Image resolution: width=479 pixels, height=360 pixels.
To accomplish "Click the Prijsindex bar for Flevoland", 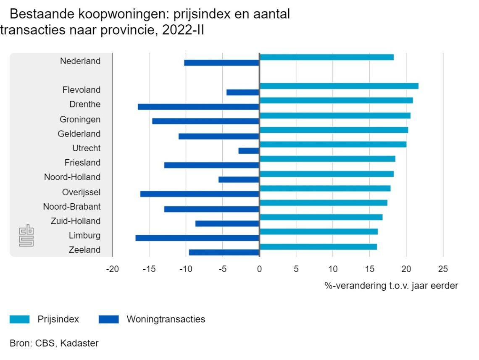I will click(x=339, y=86).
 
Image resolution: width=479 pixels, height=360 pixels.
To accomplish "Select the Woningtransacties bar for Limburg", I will click(x=197, y=238).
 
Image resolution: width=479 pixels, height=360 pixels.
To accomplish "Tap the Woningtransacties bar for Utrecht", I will click(x=249, y=151).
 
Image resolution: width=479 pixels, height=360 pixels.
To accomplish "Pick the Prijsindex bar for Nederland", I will click(x=326, y=57).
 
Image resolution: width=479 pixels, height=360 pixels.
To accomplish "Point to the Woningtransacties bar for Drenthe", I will click(x=198, y=107).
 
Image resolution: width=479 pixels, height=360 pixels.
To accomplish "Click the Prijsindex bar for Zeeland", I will click(x=318, y=247).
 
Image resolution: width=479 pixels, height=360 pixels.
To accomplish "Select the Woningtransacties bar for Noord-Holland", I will click(x=239, y=179).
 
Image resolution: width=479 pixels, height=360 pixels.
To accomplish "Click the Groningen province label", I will click(x=80, y=119).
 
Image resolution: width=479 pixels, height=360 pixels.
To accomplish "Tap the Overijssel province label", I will click(x=81, y=192).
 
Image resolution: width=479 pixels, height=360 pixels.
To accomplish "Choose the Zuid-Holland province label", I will click(x=76, y=221).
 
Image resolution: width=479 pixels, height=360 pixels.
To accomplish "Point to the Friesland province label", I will click(x=82, y=163).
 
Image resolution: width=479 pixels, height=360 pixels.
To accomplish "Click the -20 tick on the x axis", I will click(x=112, y=269).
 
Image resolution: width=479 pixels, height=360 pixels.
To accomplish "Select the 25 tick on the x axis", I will click(x=443, y=269).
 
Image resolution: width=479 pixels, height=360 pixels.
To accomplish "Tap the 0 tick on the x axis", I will click(x=259, y=269).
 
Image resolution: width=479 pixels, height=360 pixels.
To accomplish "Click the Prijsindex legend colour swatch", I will click(x=19, y=319).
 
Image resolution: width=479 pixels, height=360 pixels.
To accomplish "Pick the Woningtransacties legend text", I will click(x=166, y=319).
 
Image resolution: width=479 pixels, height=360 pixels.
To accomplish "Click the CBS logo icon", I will click(x=26, y=236).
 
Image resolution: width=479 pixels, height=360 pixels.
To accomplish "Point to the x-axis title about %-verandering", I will click(x=391, y=286).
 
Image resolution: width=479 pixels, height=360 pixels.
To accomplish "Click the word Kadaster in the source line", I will click(x=79, y=343).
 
